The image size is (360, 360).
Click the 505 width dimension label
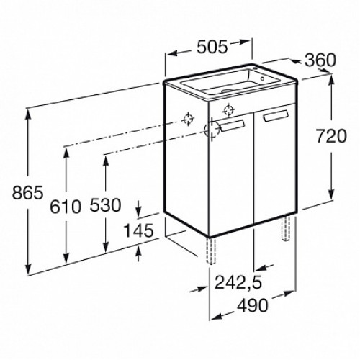click(212, 47)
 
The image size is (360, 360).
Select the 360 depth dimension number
click(320, 60)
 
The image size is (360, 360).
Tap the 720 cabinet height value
click(331, 136)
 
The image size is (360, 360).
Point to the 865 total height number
click(28, 193)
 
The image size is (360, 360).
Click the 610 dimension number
click(66, 207)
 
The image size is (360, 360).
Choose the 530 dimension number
click(105, 205)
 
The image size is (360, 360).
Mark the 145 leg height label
click(138, 231)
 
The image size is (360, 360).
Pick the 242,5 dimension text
click(238, 282)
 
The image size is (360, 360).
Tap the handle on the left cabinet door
click(233, 125)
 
